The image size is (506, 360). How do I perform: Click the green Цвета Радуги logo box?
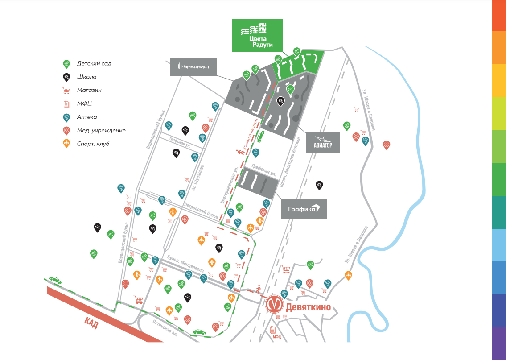[257, 35]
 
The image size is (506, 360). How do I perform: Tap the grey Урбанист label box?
[193, 67]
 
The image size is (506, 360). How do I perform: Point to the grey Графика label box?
[304, 208]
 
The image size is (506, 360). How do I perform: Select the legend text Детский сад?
[94, 63]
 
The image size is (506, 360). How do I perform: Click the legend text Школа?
[86, 77]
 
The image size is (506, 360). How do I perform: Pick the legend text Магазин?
[89, 90]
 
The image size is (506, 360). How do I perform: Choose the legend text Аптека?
[86, 117]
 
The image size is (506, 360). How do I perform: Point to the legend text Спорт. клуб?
[93, 144]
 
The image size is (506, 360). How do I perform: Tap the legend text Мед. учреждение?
[101, 130]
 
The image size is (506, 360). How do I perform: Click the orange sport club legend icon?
[66, 143]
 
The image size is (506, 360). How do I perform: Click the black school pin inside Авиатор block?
[280, 101]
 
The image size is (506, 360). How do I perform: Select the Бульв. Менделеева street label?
[185, 265]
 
